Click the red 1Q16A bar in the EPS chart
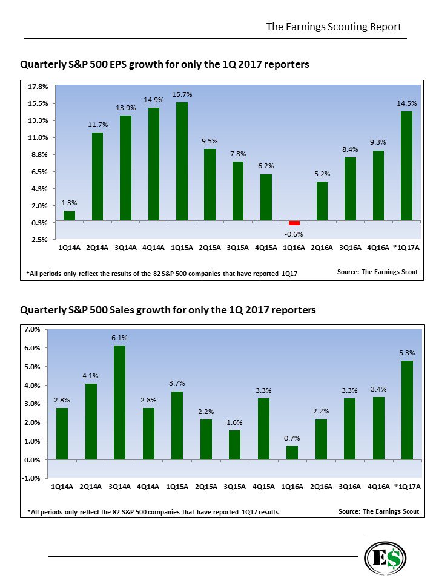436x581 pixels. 294,223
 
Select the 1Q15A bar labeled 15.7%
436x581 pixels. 182,161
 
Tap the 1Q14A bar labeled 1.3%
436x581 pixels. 69,215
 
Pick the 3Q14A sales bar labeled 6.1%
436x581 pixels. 119,402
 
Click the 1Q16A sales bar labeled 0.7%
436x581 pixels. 292,453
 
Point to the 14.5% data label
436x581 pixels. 406,103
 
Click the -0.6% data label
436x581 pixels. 294,234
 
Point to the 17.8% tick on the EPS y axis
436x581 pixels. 38,87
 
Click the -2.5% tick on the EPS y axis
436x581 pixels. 38,240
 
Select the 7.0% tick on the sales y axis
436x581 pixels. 32,329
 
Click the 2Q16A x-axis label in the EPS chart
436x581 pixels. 322,248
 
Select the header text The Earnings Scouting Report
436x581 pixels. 334,27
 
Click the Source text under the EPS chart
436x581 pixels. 377,272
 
